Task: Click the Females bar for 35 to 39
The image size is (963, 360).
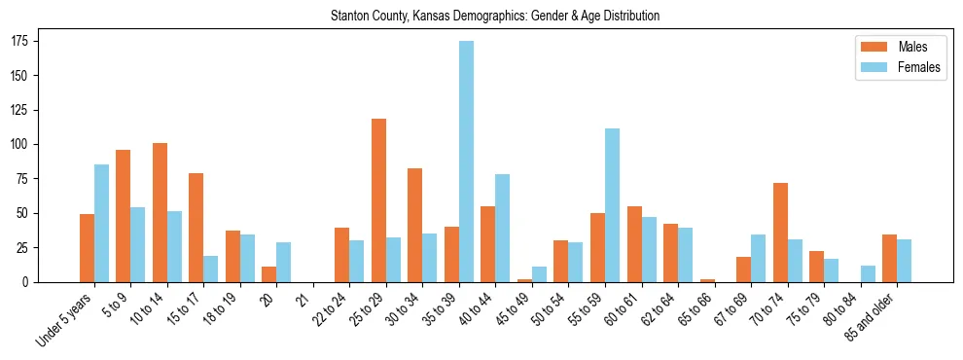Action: (466, 162)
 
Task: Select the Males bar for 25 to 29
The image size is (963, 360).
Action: (378, 200)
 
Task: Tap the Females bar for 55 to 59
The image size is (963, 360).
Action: (612, 205)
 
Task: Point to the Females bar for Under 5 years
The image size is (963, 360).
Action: (101, 223)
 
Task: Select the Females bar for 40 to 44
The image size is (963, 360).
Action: (503, 228)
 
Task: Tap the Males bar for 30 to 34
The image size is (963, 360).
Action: (415, 225)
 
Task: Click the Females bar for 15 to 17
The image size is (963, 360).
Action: (211, 269)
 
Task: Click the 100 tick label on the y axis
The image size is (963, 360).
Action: (19, 144)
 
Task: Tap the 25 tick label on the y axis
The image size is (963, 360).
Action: (22, 247)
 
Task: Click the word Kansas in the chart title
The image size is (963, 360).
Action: (434, 17)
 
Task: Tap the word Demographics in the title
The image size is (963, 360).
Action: (497, 17)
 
